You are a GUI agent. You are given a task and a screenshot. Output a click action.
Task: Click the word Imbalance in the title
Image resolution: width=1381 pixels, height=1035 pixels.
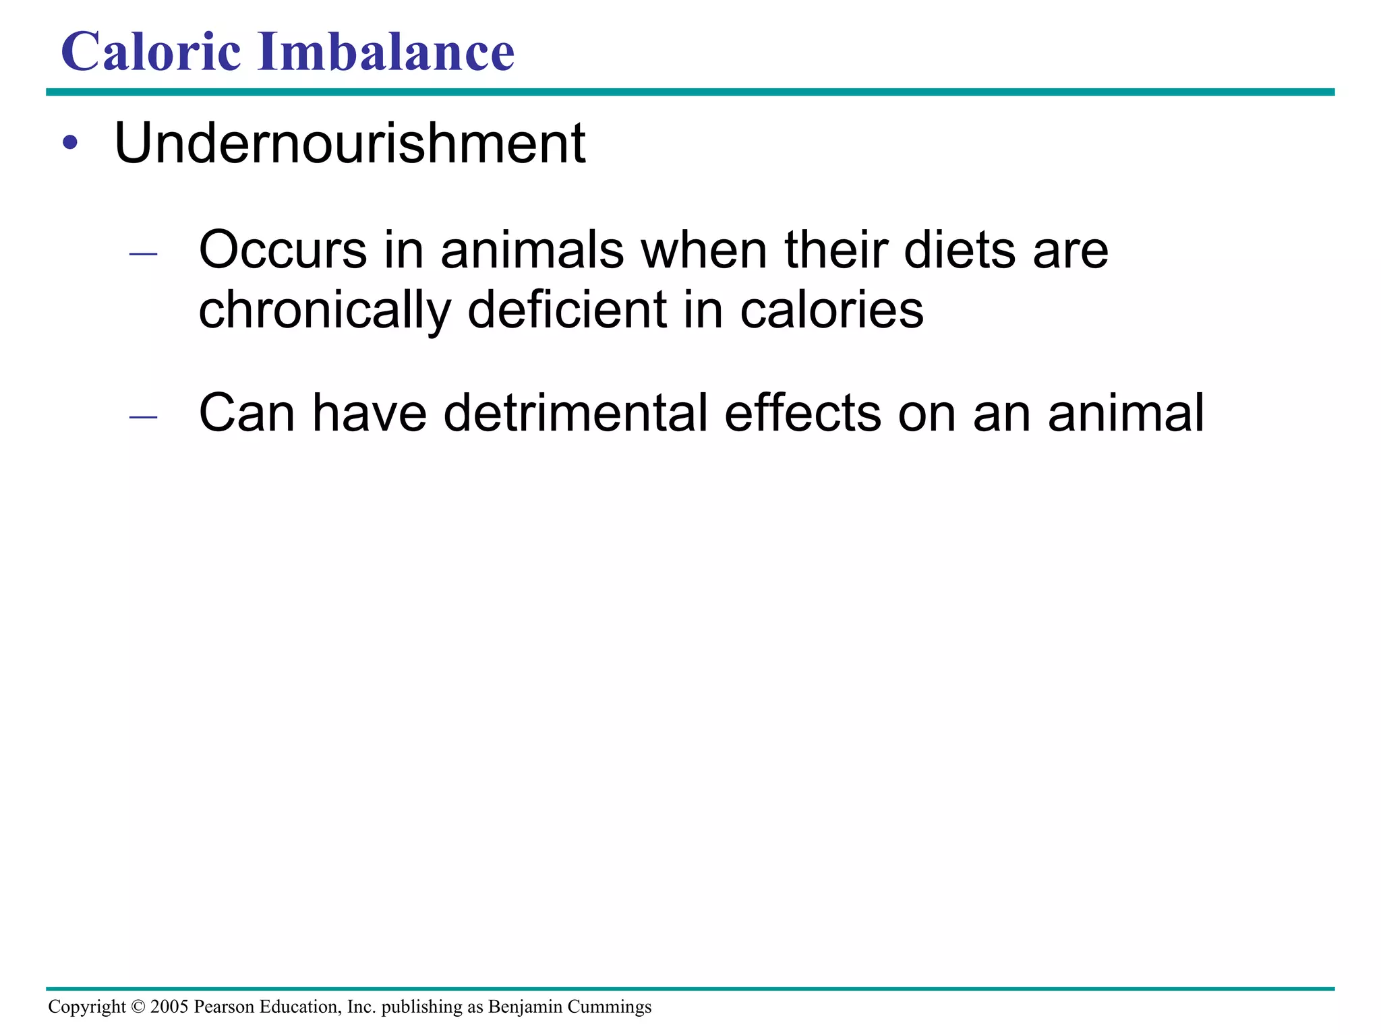coord(386,52)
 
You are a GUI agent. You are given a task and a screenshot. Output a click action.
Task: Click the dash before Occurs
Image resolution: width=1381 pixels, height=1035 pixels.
coord(143,254)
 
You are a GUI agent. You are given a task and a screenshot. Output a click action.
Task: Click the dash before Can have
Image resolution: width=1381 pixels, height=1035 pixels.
coord(143,417)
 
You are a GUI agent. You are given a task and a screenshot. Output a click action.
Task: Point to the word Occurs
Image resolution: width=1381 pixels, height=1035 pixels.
coord(283,250)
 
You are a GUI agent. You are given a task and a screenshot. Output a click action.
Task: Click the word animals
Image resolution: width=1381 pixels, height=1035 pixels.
coord(532,250)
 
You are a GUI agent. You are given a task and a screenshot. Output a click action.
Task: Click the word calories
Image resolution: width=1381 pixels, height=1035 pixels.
coord(831,309)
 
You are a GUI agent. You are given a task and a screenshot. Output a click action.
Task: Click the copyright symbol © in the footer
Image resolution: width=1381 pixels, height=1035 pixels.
coord(138,1007)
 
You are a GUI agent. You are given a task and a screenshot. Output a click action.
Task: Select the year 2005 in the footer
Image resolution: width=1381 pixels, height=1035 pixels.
coord(169,1007)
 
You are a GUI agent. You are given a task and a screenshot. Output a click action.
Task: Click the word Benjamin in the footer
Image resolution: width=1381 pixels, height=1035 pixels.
coord(525,1007)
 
